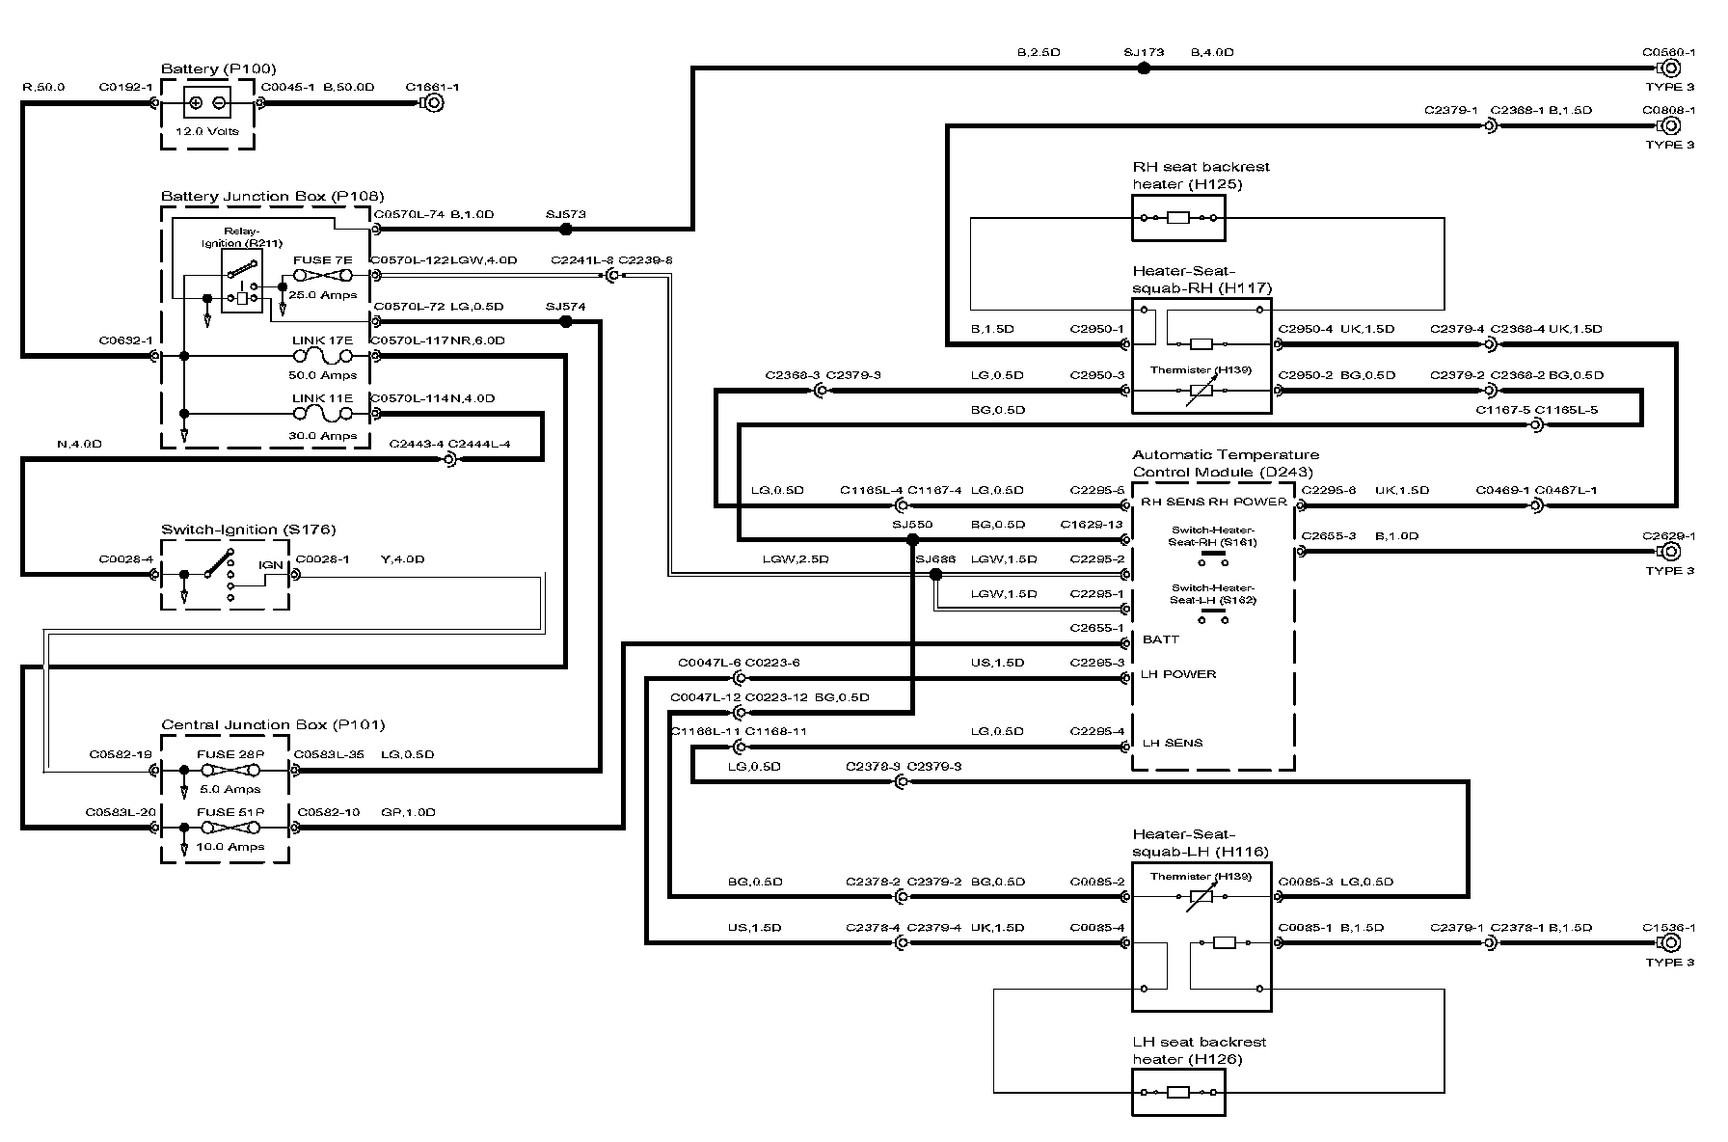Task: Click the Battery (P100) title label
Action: tap(218, 68)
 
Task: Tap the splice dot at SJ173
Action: tap(1144, 68)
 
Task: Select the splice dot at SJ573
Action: tap(566, 230)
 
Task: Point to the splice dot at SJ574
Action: tap(566, 322)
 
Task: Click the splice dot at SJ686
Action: tap(934, 575)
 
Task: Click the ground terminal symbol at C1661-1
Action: tap(434, 102)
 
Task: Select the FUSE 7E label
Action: tap(322, 260)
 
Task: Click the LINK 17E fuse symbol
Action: tap(322, 357)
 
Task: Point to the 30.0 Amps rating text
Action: tap(322, 436)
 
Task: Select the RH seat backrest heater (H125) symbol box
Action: tap(1177, 218)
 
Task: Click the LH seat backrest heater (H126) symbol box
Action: tap(1177, 1093)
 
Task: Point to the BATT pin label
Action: tap(1160, 639)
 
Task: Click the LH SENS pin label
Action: tap(1172, 743)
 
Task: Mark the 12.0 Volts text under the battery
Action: tap(207, 131)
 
